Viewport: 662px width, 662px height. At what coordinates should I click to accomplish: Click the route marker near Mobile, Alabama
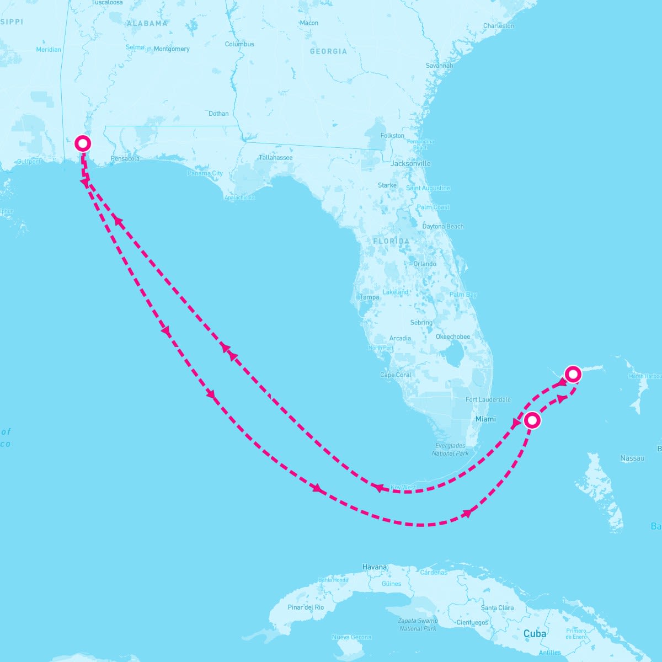83,143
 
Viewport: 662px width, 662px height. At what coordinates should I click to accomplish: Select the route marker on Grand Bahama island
573,374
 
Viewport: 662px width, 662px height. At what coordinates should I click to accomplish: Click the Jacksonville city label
410,164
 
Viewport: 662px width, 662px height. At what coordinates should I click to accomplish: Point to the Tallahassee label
276,158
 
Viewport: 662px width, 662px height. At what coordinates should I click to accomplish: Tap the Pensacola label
125,159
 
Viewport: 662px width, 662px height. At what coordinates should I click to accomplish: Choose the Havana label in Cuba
375,567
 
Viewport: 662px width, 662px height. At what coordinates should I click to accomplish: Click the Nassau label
632,458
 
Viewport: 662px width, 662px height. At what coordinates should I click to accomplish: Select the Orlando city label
425,264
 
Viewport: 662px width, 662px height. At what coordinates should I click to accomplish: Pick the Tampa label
370,297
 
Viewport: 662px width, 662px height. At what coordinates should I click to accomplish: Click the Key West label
403,488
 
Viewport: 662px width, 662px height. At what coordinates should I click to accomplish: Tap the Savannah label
439,66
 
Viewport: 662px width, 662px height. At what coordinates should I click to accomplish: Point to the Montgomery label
172,49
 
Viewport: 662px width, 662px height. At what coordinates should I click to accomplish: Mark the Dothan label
218,114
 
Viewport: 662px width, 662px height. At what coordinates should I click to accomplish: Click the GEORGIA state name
328,51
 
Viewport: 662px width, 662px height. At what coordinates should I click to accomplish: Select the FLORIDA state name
391,241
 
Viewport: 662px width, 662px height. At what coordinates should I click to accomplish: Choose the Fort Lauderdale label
488,399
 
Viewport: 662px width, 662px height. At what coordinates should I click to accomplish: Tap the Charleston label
498,26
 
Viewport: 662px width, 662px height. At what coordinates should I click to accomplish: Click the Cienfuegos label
473,622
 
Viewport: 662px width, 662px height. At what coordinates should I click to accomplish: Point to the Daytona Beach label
443,227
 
